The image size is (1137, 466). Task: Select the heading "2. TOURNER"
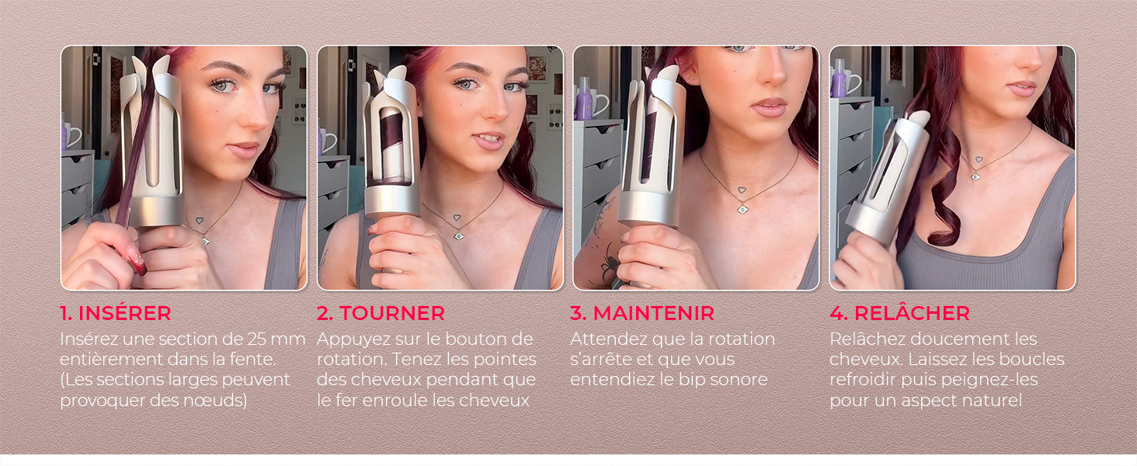click(x=381, y=313)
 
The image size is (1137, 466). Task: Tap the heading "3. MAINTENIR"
click(x=642, y=313)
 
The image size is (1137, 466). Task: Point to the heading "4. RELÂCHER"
click(x=899, y=313)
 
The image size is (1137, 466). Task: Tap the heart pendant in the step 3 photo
click(x=742, y=189)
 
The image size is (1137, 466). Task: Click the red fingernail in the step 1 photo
click(x=138, y=268)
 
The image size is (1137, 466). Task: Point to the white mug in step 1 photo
click(x=71, y=136)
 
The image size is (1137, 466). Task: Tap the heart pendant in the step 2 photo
click(x=458, y=219)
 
